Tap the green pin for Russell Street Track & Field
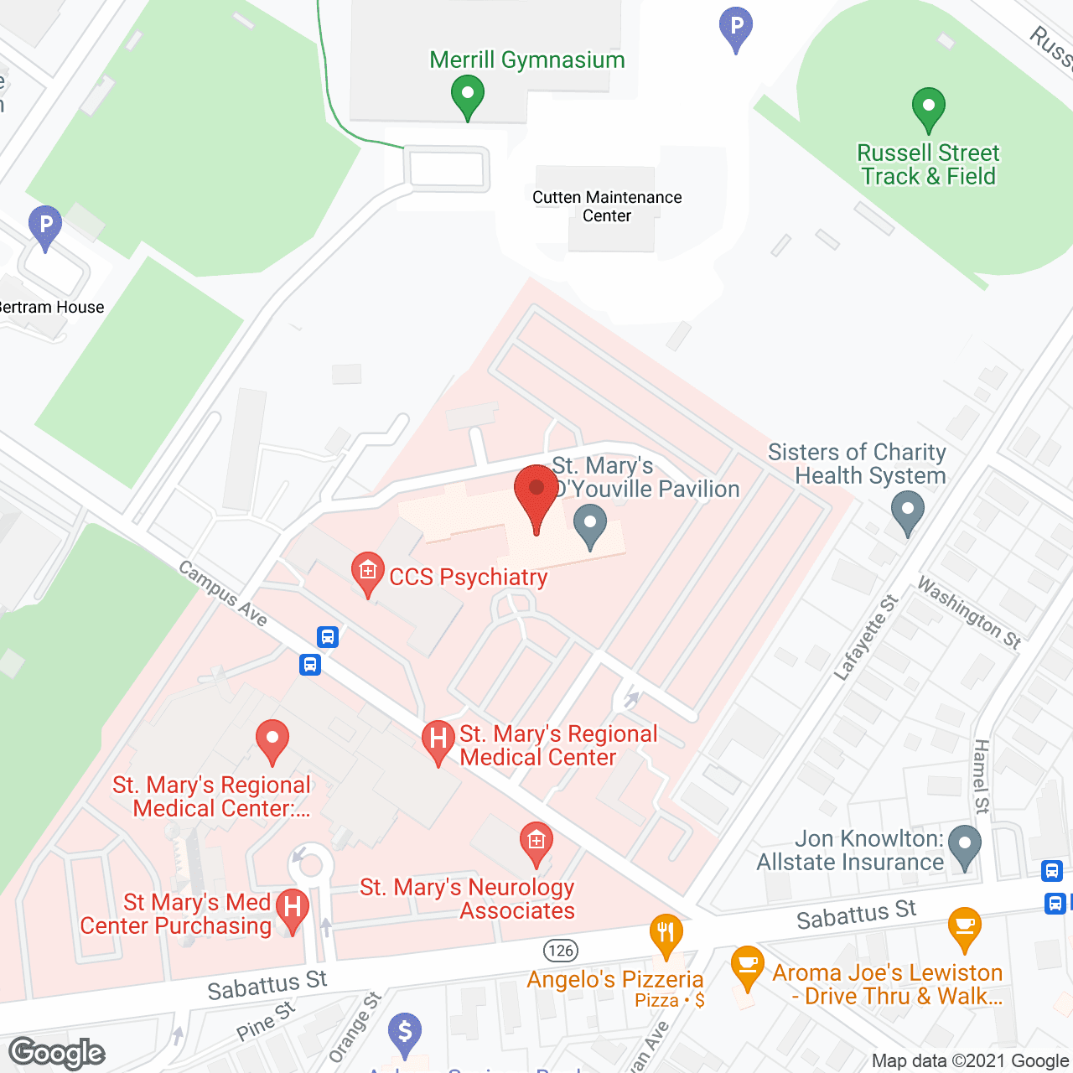point(928,108)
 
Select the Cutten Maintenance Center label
point(607,206)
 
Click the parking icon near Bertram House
point(45,226)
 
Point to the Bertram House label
point(52,308)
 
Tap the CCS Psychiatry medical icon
point(367,573)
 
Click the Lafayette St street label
point(866,637)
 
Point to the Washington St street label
point(969,613)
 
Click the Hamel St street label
point(982,776)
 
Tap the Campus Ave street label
point(223,594)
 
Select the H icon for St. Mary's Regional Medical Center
point(438,739)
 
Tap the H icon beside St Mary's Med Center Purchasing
point(293,909)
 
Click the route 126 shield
point(561,950)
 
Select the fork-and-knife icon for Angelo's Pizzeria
point(666,933)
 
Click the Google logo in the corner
point(57,1053)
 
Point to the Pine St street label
point(266,1021)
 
